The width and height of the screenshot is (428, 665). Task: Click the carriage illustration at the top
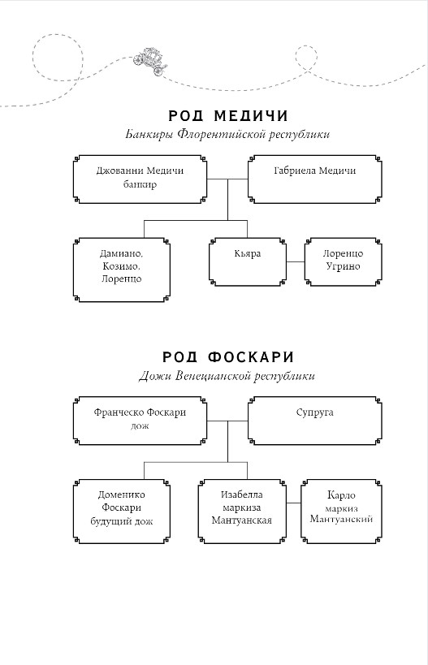click(150, 62)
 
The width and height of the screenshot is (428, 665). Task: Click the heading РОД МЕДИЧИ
click(228, 116)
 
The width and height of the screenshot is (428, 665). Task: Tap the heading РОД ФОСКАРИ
click(228, 357)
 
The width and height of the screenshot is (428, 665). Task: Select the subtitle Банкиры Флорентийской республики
click(227, 135)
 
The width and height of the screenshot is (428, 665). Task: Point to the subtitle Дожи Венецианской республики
click(227, 376)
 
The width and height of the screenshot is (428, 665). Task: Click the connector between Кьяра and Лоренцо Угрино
click(296, 262)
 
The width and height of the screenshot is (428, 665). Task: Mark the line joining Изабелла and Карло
click(293, 503)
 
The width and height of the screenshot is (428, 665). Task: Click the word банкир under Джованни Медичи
click(140, 185)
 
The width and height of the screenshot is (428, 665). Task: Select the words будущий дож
click(122, 521)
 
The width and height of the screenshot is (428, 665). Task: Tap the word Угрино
click(344, 267)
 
